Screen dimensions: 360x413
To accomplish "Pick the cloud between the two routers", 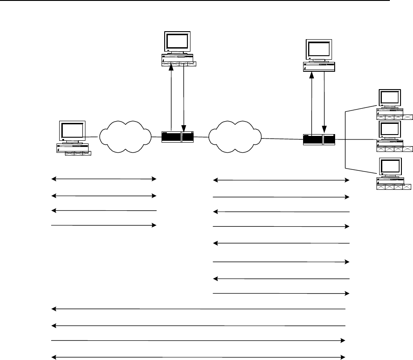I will pos(234,136).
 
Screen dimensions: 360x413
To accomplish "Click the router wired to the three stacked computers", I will pos(319,139).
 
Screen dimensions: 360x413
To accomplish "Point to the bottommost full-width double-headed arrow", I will pos(198,356).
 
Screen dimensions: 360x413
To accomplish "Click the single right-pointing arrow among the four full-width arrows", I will pos(198,341).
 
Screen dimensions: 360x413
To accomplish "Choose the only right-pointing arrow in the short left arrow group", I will pos(104,225).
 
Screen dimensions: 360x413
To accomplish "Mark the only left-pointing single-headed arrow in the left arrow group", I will pos(104,210).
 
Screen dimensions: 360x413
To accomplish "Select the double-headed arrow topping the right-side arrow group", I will pos(281,180).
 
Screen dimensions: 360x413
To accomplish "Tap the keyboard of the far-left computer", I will pos(78,153).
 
